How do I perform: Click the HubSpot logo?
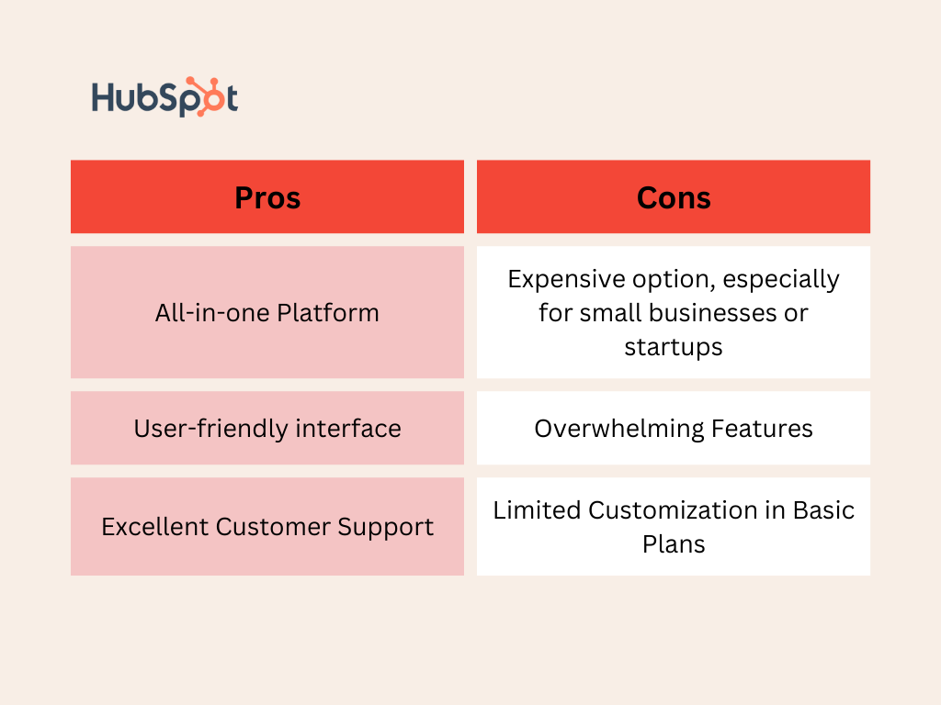pyautogui.click(x=164, y=96)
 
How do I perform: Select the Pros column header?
pyautogui.click(x=267, y=196)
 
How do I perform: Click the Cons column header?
pyautogui.click(x=674, y=196)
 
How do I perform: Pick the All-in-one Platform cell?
pyautogui.click(x=267, y=312)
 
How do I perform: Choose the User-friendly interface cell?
pyautogui.click(x=267, y=428)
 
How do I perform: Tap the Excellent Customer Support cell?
pyautogui.click(x=267, y=526)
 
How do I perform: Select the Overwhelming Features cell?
pyautogui.click(x=674, y=428)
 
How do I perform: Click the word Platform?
pyautogui.click(x=328, y=313)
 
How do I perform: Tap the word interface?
pyautogui.click(x=348, y=429)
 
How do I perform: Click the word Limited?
pyautogui.click(x=537, y=510)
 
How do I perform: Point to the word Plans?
pyautogui.click(x=674, y=544)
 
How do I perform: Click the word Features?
pyautogui.click(x=762, y=429)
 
